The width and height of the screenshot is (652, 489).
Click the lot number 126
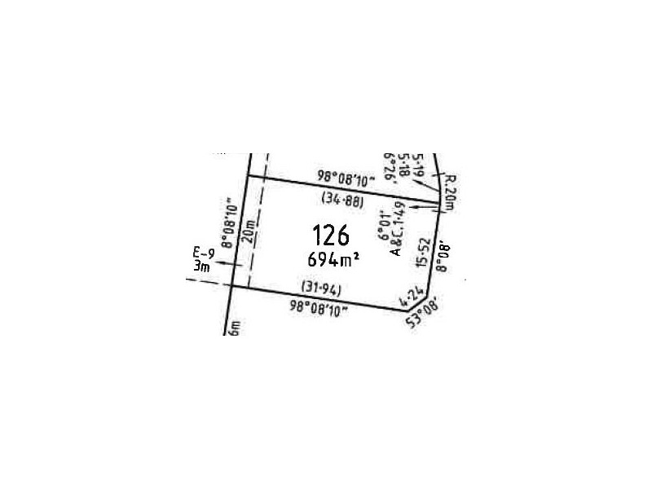(x=331, y=236)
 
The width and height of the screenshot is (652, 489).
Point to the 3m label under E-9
(x=201, y=266)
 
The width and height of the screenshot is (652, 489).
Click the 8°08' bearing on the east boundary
(x=444, y=254)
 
